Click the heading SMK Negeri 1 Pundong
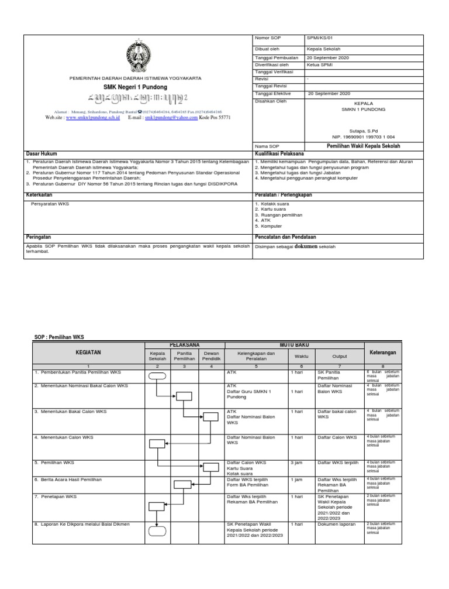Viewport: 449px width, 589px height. [135, 87]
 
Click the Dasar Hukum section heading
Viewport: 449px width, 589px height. [42, 153]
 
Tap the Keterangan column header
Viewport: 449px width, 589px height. [383, 353]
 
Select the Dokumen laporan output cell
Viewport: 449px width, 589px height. [336, 524]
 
